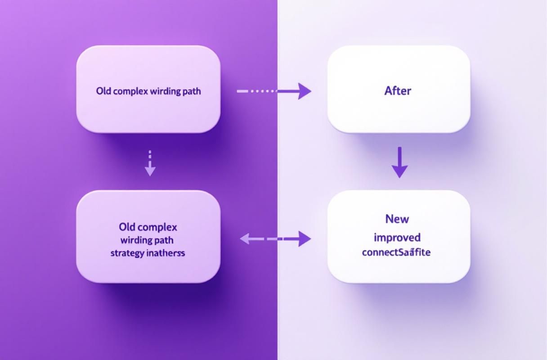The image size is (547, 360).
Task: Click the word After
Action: click(398, 90)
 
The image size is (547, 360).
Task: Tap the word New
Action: click(397, 219)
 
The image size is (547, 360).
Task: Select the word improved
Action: click(397, 237)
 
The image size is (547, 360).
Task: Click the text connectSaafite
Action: click(396, 252)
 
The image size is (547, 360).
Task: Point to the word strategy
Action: click(128, 253)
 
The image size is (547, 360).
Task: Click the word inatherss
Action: click(166, 253)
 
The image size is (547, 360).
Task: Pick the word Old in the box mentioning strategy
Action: click(128, 226)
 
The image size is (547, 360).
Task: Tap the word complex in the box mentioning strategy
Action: click(157, 226)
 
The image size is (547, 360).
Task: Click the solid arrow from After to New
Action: click(399, 162)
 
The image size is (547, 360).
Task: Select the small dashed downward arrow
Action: click(150, 163)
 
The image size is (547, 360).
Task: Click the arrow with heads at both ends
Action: click(275, 238)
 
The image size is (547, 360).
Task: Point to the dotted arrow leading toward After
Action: click(273, 91)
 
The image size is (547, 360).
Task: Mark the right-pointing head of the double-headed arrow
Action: click(305, 238)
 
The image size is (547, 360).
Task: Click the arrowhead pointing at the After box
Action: click(305, 91)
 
